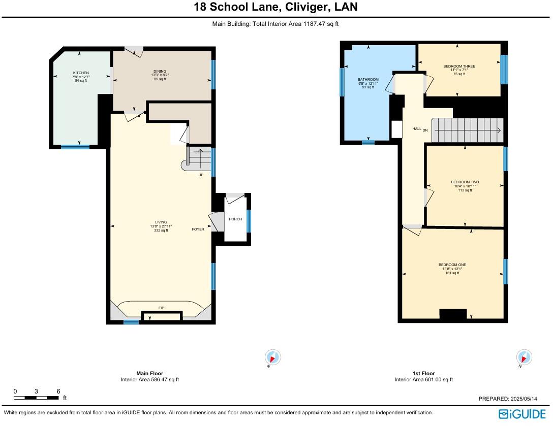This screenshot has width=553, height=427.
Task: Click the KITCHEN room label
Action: pyautogui.click(x=81, y=73)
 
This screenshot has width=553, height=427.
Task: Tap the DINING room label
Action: pyautogui.click(x=160, y=71)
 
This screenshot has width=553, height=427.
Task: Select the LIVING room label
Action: pyautogui.click(x=161, y=222)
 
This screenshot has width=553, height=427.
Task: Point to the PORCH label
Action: pyautogui.click(x=235, y=219)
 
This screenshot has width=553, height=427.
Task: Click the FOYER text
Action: pyautogui.click(x=198, y=229)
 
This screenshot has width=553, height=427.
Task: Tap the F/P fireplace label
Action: pyautogui.click(x=161, y=308)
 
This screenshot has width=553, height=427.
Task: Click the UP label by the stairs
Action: pyautogui.click(x=201, y=175)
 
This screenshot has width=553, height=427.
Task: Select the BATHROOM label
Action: pyautogui.click(x=368, y=80)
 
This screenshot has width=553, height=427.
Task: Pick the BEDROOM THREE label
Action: pyautogui.click(x=459, y=66)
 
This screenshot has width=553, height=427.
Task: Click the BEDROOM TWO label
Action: pyautogui.click(x=465, y=182)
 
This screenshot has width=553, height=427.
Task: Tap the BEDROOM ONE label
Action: pyautogui.click(x=452, y=265)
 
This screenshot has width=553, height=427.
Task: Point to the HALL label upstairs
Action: pyautogui.click(x=417, y=129)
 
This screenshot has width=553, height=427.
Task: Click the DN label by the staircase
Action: pyautogui.click(x=425, y=130)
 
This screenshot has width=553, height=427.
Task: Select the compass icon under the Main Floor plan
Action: pyautogui.click(x=272, y=357)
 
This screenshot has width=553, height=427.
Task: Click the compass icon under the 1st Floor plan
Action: pyautogui.click(x=524, y=357)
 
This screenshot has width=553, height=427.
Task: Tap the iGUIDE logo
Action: pyautogui.click(x=523, y=414)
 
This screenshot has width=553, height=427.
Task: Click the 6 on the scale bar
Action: pyautogui.click(x=58, y=391)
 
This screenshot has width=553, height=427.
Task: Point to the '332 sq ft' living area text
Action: pyautogui.click(x=161, y=231)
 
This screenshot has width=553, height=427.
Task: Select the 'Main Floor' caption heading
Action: pyautogui.click(x=150, y=374)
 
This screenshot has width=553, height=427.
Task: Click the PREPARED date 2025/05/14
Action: pyautogui.click(x=524, y=399)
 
